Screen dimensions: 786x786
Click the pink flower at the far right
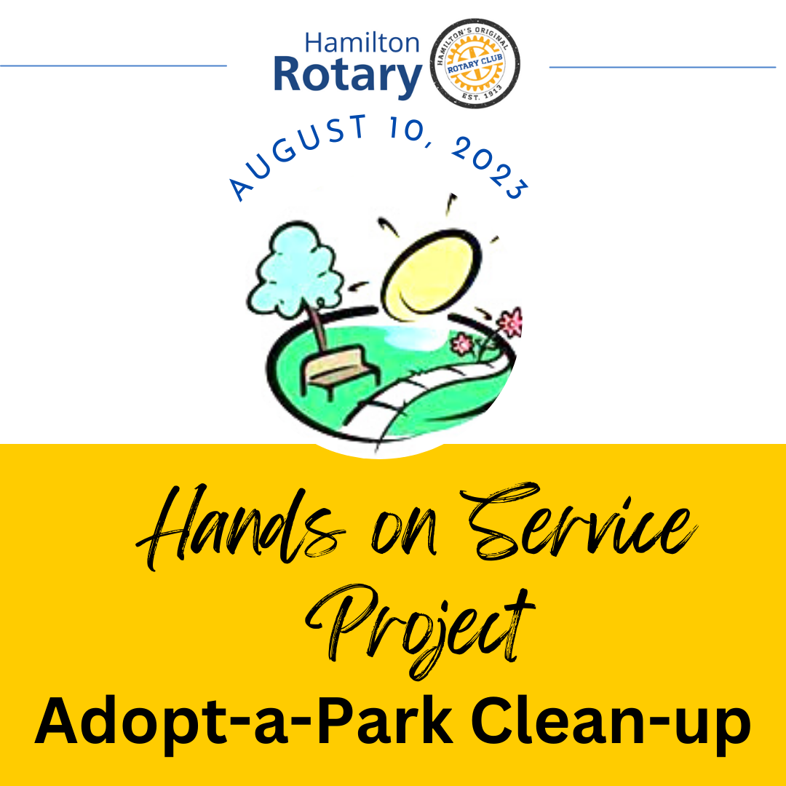pyautogui.click(x=509, y=322)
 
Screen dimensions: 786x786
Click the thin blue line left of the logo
pyautogui.click(x=114, y=65)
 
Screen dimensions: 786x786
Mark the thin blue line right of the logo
pyautogui.click(x=662, y=67)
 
